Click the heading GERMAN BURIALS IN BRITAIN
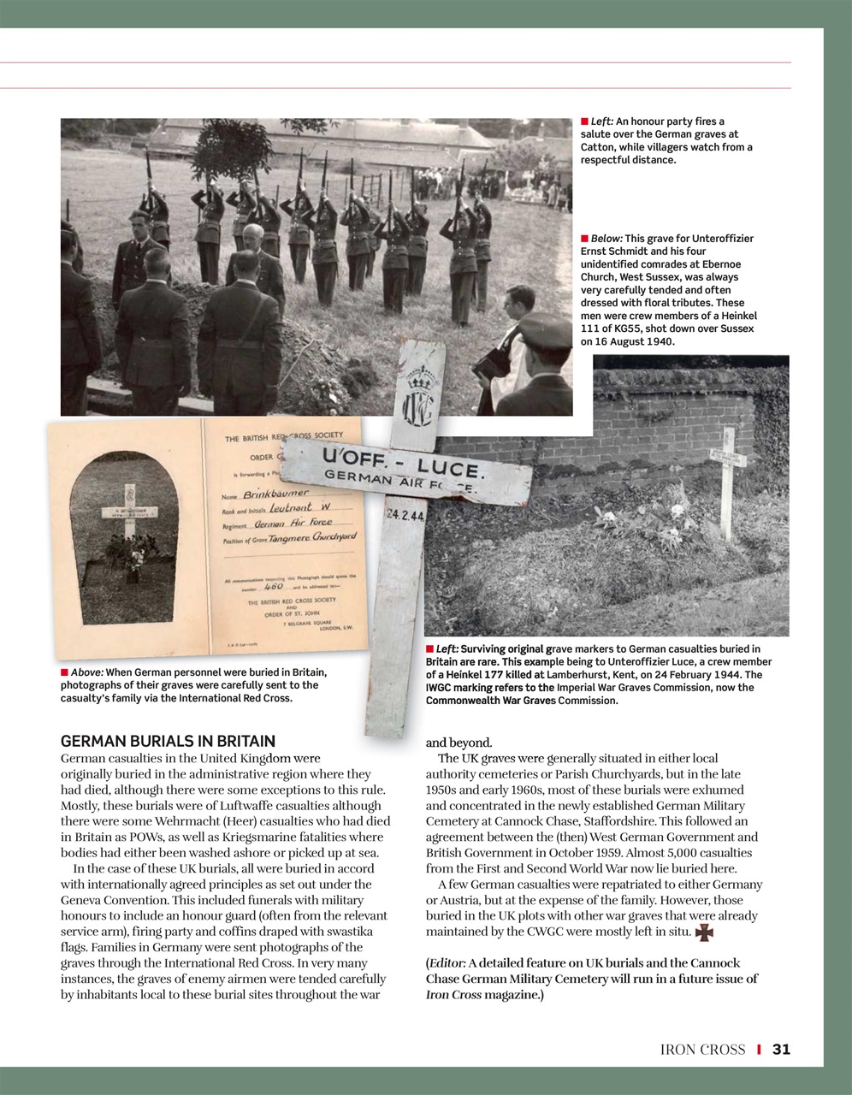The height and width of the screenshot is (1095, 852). tap(168, 741)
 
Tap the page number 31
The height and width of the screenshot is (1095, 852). tap(781, 1049)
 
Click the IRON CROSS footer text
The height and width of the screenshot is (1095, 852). tap(702, 1049)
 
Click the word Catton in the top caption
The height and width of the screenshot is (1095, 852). tap(598, 147)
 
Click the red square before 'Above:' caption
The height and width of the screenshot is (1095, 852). tap(64, 672)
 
